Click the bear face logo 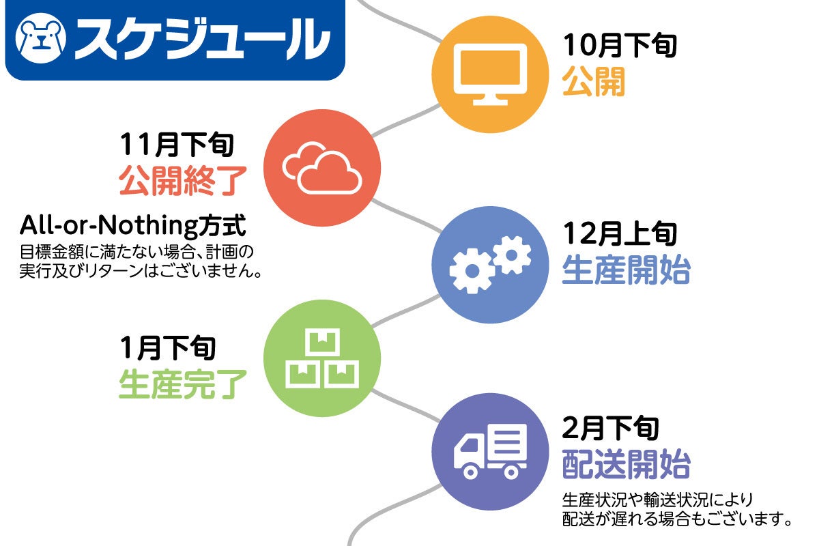tap(40, 38)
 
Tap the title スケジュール tap(202, 39)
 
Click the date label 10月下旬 tap(620, 45)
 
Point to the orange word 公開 tap(593, 81)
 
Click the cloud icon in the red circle tap(322, 168)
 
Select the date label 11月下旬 tap(177, 145)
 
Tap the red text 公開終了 tap(183, 180)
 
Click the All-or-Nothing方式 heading tap(132, 225)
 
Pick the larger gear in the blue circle tap(472, 271)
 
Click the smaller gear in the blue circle tap(511, 255)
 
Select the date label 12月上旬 tap(620, 233)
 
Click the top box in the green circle tap(322, 342)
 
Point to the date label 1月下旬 tap(168, 347)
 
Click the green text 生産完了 tap(183, 384)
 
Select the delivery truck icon tap(490, 452)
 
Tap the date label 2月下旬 tap(610, 428)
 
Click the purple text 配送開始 tap(626, 464)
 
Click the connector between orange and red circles tap(406, 120)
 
